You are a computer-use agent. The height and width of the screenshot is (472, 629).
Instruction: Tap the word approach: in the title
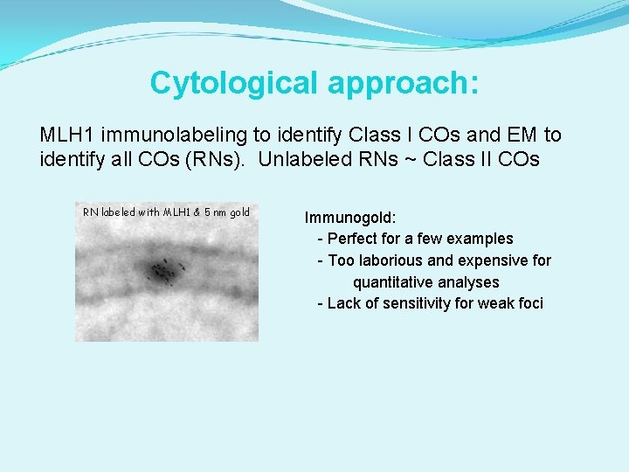click(403, 83)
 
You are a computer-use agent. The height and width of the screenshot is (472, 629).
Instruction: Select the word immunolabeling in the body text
click(174, 135)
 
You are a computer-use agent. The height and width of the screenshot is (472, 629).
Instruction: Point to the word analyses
click(468, 282)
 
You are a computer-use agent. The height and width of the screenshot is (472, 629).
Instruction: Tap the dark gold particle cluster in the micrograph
click(162, 272)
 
